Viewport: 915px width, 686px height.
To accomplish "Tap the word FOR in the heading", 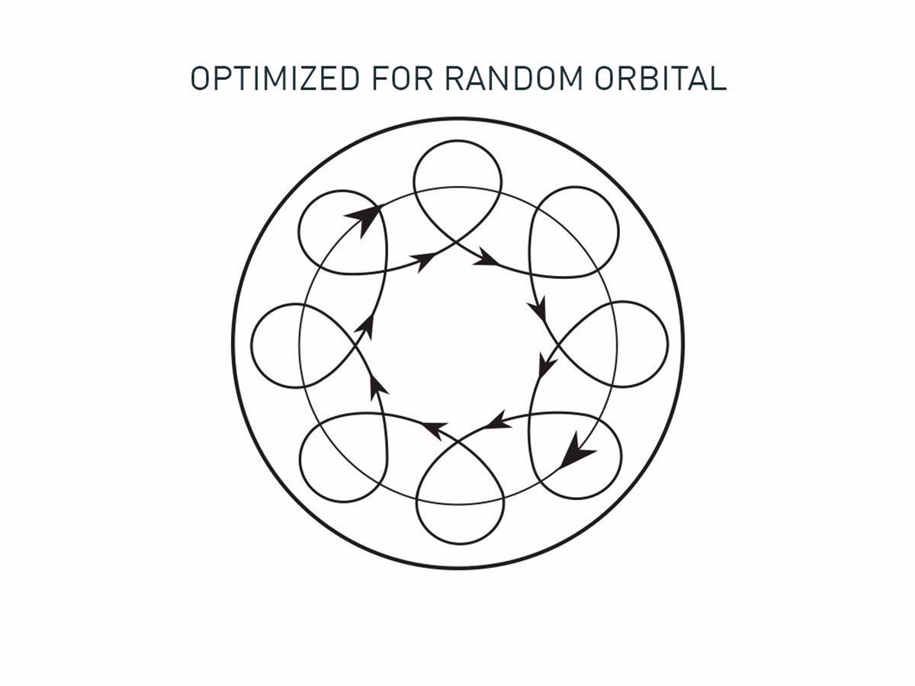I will pyautogui.click(x=401, y=79).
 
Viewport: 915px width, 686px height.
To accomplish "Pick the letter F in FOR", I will pyautogui.click(x=379, y=79).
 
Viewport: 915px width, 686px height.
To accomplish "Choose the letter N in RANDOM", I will pyautogui.click(x=502, y=79).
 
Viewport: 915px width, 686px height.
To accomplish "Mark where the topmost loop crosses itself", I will pyautogui.click(x=457, y=243).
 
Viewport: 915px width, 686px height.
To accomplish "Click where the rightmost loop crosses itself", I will pyautogui.click(x=556, y=345).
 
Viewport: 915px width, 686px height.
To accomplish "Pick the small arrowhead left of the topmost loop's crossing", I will pyautogui.click(x=424, y=261).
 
